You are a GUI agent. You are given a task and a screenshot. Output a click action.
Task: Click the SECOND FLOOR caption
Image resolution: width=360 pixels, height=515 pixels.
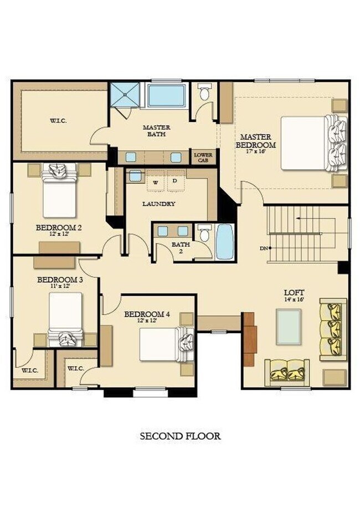180,436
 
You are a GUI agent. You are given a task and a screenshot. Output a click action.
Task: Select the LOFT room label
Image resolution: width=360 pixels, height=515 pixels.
294,292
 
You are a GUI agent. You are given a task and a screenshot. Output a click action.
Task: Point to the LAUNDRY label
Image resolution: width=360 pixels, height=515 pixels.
159,204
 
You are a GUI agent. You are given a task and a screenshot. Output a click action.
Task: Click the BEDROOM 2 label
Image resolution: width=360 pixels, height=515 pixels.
59,227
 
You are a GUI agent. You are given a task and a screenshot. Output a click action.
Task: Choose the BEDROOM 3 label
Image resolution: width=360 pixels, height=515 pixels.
60,279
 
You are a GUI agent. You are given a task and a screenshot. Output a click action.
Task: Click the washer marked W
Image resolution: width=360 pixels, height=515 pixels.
156,182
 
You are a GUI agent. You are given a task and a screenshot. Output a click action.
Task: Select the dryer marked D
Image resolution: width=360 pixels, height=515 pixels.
174,181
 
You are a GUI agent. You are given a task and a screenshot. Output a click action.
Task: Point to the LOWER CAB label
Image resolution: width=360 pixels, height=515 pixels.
202,157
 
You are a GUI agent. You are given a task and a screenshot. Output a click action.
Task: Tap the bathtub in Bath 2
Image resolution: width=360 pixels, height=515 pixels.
224,242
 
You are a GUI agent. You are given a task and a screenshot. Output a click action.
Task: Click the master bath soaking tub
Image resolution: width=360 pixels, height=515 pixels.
166,95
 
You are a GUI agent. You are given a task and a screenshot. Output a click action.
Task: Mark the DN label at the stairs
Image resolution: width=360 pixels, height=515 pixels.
264,248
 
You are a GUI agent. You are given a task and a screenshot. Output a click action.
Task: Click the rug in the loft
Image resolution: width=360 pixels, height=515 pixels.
289,327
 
